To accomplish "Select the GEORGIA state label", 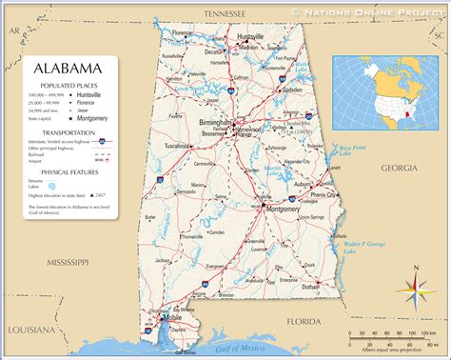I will point(400,168).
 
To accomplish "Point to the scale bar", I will point(393,336).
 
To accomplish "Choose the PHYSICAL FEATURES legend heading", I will point(66,173).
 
